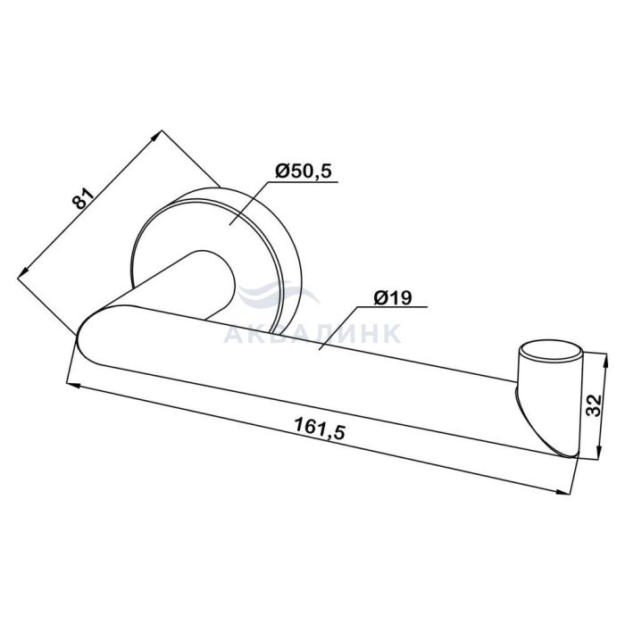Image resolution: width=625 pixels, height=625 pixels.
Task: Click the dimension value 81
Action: point(84,197)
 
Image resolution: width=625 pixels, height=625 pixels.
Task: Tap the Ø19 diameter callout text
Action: point(393,297)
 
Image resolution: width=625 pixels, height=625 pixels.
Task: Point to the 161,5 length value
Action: point(319,429)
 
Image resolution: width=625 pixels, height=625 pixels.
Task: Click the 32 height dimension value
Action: point(594,405)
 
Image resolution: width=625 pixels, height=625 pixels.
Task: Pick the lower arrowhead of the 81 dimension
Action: point(24,272)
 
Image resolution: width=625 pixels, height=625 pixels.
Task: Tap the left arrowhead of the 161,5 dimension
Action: point(73,385)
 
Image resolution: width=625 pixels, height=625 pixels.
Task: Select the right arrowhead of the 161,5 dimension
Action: point(562,491)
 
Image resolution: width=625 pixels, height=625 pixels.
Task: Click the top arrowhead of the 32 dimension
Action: point(605,360)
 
